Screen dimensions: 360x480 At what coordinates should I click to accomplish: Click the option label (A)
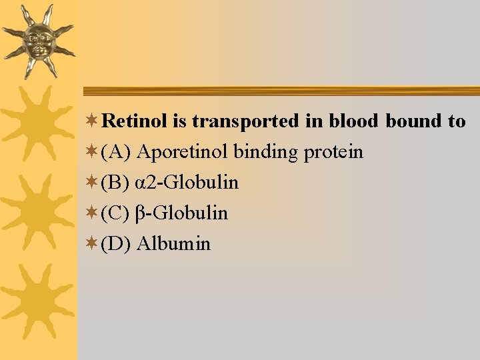[x=116, y=152]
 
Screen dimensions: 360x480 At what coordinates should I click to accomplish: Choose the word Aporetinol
[x=182, y=152]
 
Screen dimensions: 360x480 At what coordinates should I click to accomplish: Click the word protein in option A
[x=333, y=153]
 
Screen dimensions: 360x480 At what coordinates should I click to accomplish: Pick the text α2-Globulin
[x=187, y=183]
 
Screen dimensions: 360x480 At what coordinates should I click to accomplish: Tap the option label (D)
[x=116, y=244]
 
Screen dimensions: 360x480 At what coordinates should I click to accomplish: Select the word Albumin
[x=173, y=244]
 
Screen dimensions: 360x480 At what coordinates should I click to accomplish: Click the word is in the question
[x=178, y=121]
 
